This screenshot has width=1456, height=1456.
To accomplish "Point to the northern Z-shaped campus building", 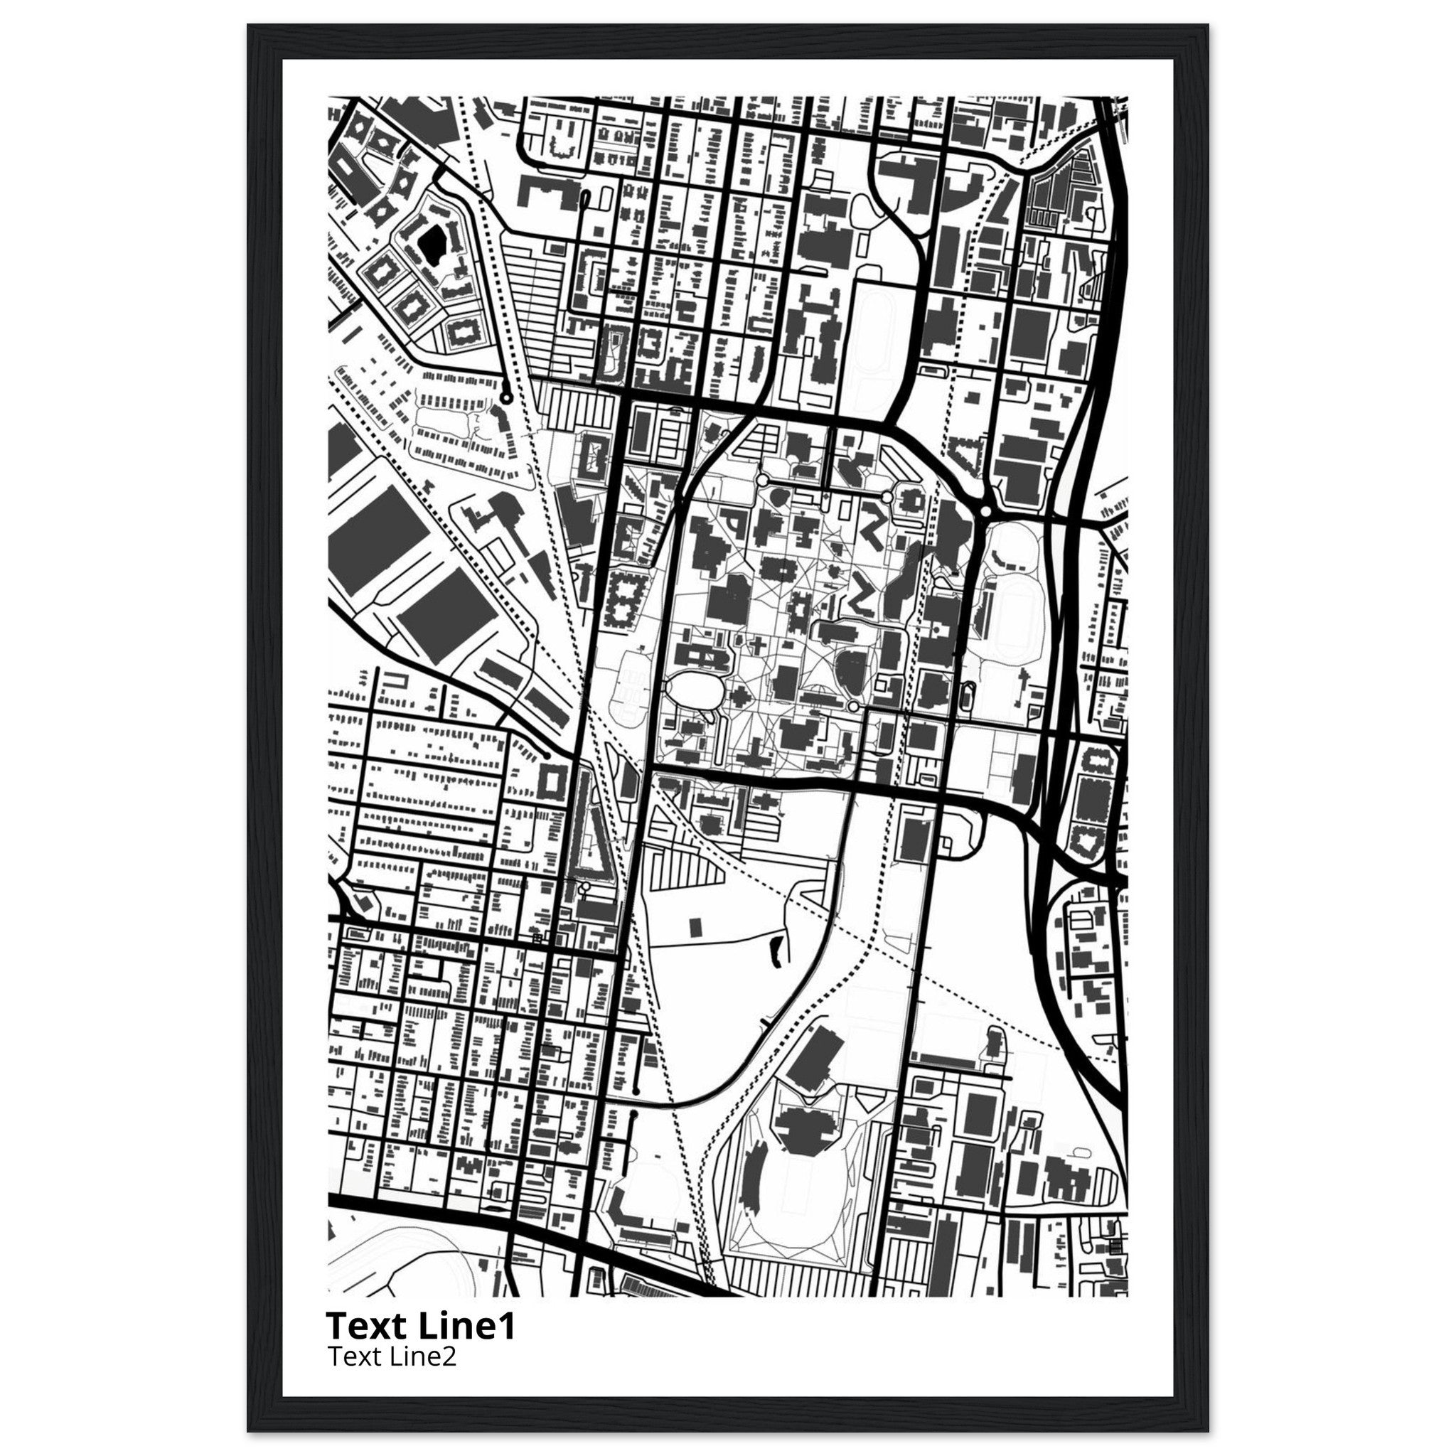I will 876,530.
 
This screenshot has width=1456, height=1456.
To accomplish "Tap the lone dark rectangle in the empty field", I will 695,926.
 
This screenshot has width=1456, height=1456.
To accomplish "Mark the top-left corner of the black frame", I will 249,26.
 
